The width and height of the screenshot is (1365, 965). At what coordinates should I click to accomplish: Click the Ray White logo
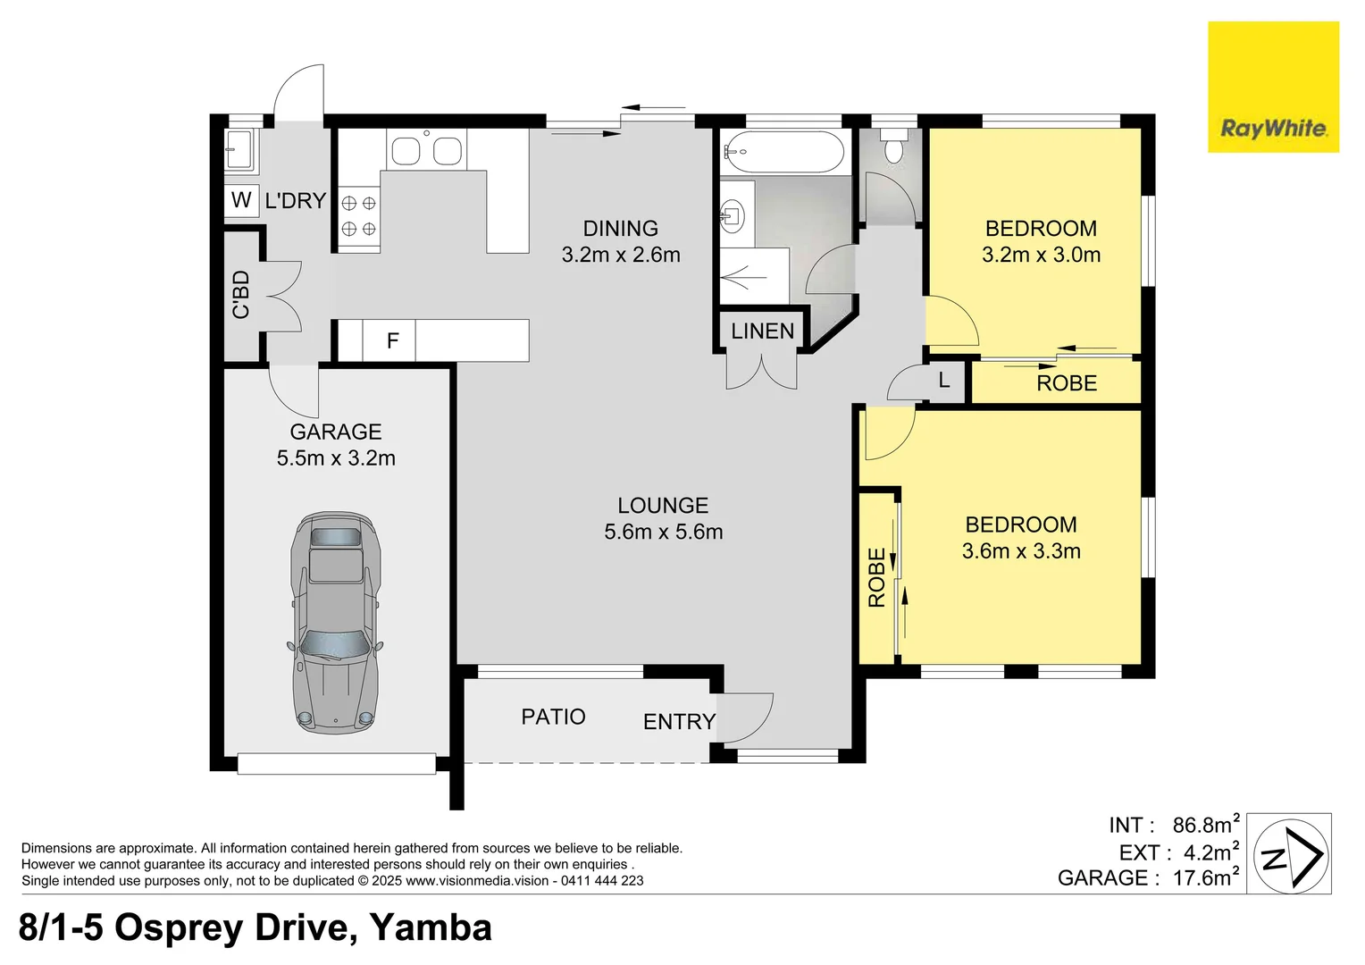point(1273,88)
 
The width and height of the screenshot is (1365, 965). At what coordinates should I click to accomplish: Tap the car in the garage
point(336,622)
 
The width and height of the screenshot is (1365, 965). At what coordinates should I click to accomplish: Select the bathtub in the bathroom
point(783,152)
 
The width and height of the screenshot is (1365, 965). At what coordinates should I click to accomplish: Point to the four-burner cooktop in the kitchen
point(359,216)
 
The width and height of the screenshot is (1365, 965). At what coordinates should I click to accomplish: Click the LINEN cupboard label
point(762,331)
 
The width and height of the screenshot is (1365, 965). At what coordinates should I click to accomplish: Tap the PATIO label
point(553,717)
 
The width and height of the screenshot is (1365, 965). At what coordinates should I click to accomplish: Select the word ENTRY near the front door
point(679,722)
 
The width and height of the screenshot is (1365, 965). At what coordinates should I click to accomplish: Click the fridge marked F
point(391,340)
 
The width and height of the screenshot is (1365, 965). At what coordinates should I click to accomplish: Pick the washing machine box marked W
point(241,200)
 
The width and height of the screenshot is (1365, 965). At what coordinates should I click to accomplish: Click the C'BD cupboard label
point(241,295)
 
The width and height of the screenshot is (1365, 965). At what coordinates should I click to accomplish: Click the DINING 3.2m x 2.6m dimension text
point(621,255)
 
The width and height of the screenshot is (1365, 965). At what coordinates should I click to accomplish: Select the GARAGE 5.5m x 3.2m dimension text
point(336,458)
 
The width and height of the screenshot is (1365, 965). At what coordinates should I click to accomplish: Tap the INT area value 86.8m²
point(1205,825)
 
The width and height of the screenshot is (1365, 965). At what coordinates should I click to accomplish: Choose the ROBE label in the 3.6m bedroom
point(877,578)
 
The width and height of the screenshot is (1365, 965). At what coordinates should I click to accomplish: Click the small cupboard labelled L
point(944,382)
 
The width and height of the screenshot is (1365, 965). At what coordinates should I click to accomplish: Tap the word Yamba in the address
point(431,928)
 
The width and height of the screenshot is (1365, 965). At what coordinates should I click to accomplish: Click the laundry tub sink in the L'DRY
point(239,149)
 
